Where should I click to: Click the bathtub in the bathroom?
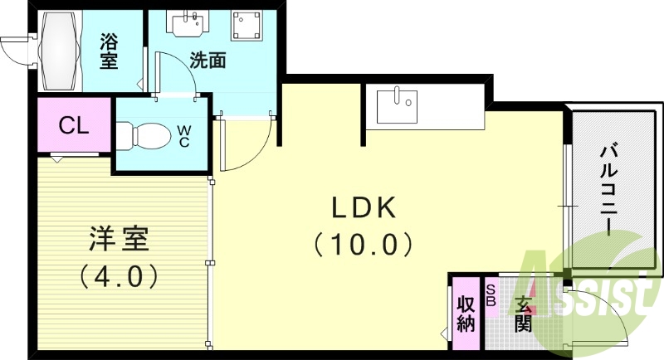pos(59,51)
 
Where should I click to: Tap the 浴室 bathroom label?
pos(109,51)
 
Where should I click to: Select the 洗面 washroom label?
pos(207,60)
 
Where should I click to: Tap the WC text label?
pos(184,135)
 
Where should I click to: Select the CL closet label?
pos(74,125)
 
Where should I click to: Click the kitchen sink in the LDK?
pos(398,106)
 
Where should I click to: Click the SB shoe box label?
pos(491,294)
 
